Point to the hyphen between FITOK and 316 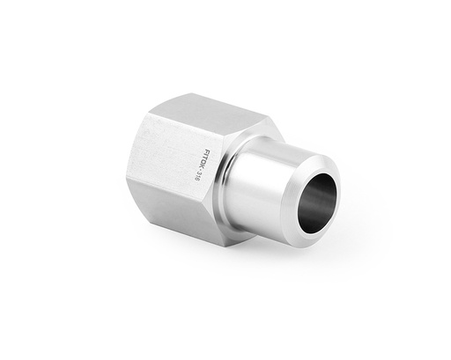[197, 172]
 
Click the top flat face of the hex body [211, 119]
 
